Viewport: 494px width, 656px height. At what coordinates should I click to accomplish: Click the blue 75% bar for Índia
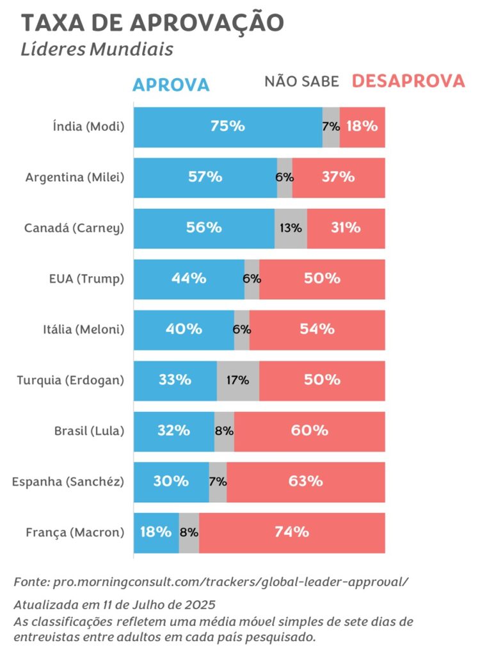228,127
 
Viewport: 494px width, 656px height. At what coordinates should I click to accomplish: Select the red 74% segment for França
292,532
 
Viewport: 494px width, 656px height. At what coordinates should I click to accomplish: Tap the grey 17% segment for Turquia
238,380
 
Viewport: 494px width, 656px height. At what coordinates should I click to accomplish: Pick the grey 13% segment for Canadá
291,228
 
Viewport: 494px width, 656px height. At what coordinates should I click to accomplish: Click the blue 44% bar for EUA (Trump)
189,279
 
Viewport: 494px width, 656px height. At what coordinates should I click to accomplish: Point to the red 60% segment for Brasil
309,430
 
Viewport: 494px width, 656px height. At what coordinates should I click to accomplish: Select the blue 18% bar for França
155,532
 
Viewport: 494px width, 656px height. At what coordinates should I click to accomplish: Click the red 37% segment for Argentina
339,177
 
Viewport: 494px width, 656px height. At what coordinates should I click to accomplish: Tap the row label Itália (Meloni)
79,330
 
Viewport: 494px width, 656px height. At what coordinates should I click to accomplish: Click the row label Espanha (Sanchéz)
68,481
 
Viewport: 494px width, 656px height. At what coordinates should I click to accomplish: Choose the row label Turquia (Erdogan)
70,381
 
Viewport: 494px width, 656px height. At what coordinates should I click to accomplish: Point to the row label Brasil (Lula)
89,430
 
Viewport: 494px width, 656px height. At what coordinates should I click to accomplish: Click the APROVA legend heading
171,85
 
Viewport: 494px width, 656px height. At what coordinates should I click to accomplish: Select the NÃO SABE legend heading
301,82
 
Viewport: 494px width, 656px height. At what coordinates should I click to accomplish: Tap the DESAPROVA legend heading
408,81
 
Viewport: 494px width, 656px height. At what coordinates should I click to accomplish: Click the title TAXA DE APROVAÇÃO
152,22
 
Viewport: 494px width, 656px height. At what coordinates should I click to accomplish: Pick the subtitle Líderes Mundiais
97,49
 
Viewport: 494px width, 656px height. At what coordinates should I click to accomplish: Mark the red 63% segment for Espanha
305,481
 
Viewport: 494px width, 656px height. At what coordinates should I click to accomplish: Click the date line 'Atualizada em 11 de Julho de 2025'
115,604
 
